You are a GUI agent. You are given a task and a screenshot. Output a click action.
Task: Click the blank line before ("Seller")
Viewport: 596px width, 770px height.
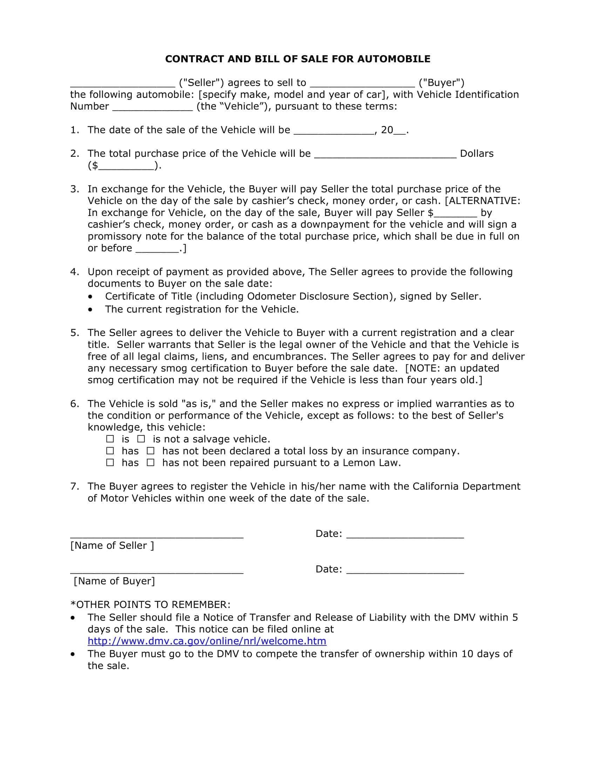click(122, 85)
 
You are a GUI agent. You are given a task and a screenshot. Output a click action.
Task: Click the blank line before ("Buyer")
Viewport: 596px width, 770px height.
click(362, 85)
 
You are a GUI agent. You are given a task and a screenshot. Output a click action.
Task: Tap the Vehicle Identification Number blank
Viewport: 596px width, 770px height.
click(153, 108)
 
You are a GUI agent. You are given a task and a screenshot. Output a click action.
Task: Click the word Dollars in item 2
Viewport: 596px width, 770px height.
click(476, 153)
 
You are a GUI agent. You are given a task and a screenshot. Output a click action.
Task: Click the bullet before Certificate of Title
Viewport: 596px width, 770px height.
click(92, 296)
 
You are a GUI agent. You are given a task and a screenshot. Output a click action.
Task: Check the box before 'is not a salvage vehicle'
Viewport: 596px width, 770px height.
click(141, 439)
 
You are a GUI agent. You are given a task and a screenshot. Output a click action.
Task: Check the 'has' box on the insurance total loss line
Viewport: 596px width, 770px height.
click(110, 451)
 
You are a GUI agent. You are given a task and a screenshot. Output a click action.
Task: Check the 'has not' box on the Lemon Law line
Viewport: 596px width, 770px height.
click(151, 463)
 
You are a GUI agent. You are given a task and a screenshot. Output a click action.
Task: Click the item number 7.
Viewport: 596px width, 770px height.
click(74, 486)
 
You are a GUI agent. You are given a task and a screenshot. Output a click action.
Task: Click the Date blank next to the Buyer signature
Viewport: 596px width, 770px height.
click(405, 571)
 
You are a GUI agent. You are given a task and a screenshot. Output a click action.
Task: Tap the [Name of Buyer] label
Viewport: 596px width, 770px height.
click(114, 581)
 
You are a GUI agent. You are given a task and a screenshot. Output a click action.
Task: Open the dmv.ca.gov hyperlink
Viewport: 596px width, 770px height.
click(207, 640)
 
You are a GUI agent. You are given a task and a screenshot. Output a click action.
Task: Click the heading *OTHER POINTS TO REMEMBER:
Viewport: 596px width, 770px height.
click(150, 604)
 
